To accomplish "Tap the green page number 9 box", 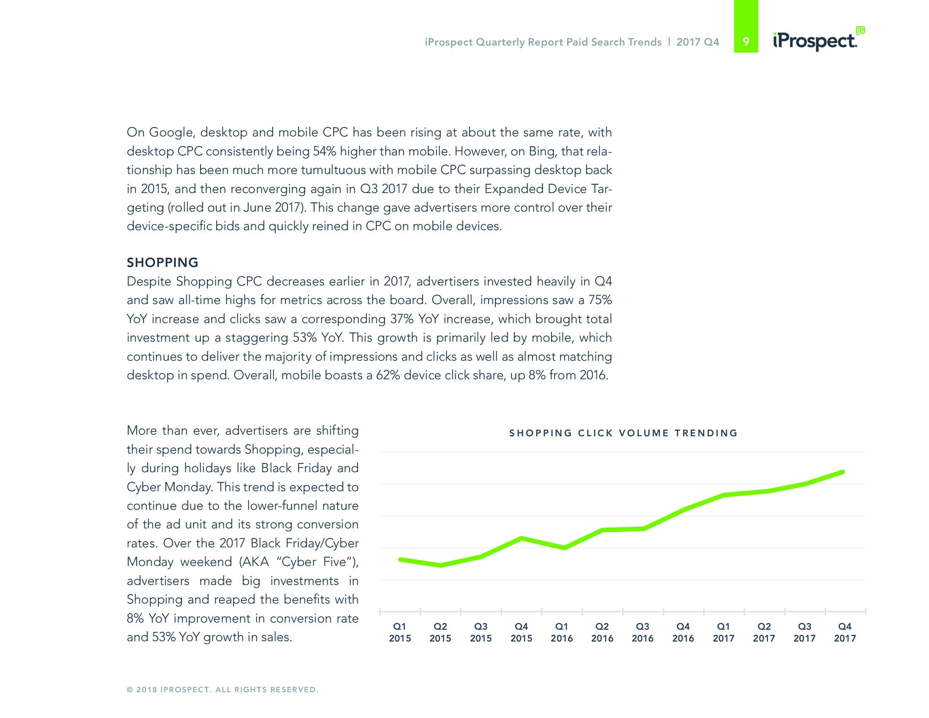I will point(746,42).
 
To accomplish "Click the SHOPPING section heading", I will point(163,262).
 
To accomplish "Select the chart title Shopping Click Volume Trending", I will point(623,433).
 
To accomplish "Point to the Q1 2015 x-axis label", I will point(400,632).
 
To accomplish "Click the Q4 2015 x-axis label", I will point(521,632).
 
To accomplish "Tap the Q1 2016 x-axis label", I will point(562,632).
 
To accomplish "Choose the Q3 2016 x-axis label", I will point(642,632).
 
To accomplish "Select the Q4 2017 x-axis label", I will point(845,632).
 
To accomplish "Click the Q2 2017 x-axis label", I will point(764,632).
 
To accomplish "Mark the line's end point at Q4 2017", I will point(843,472).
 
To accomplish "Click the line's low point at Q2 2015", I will point(441,565).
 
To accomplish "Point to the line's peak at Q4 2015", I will point(522,538).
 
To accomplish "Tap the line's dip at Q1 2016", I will point(564,548).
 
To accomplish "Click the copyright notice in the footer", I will point(223,690).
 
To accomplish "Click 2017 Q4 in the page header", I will point(698,42).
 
